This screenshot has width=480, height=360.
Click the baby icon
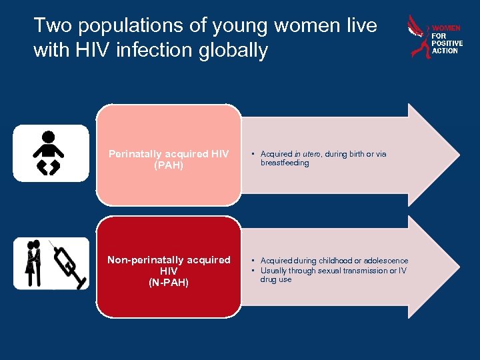49,153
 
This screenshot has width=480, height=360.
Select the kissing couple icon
33,263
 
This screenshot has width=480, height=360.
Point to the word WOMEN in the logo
446,29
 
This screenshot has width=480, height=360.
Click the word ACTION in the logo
445,51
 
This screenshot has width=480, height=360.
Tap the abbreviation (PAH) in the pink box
169,164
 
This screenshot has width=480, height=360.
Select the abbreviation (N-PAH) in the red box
169,283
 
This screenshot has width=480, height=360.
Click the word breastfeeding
285,163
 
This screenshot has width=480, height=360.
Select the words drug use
276,279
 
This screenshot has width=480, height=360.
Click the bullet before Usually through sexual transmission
253,270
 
